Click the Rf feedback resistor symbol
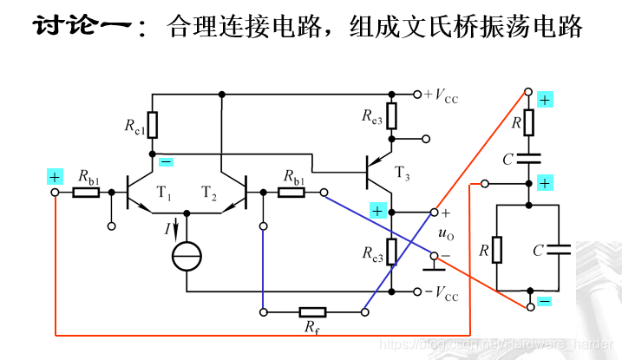click(311, 311)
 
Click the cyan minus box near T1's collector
click(166, 161)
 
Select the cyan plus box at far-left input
click(55, 177)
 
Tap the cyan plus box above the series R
click(544, 100)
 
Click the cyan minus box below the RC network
click(544, 300)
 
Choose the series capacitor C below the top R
click(527, 158)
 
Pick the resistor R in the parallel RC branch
click(496, 251)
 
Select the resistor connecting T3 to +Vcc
click(392, 115)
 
